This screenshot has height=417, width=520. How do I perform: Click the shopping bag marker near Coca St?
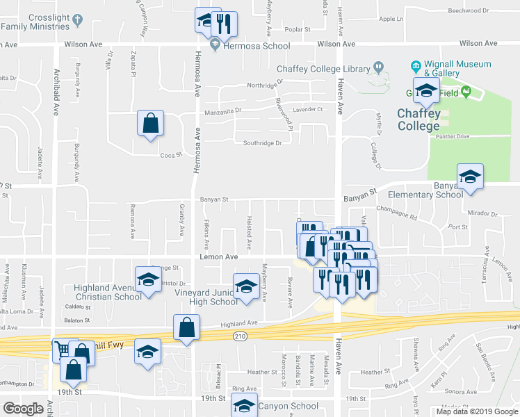[x=150, y=124]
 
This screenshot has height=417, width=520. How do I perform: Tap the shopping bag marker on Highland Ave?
[x=186, y=328]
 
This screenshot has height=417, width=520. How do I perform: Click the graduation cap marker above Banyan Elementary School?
[x=470, y=177]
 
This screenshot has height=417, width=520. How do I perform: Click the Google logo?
[x=23, y=409]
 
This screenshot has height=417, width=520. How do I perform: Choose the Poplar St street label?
[x=296, y=30]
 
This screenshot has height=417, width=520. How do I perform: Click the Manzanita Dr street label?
[x=222, y=111]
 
